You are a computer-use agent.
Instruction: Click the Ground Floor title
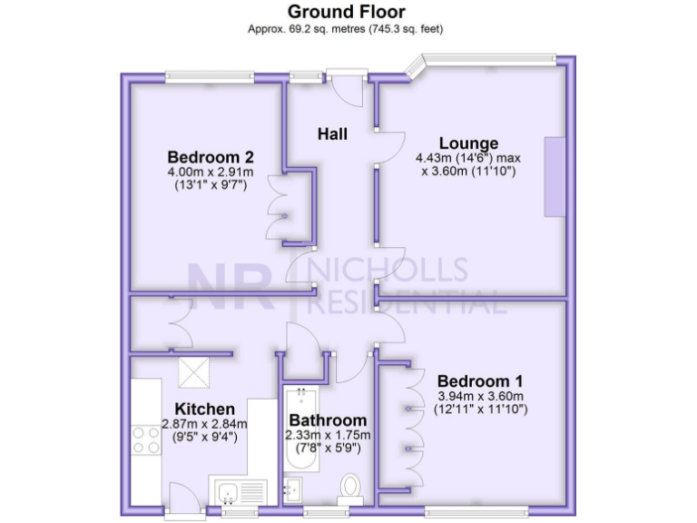point(347,12)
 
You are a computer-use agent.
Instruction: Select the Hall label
point(332,134)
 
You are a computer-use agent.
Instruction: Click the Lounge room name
point(468,143)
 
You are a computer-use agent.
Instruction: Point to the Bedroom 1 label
point(479,381)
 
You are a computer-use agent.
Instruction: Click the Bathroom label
point(328,420)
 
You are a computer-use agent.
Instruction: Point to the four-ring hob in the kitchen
point(146,439)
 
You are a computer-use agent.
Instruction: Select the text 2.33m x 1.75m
point(329,436)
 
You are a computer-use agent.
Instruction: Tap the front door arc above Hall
point(347,89)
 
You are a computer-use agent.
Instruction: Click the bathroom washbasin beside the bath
point(291,491)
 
